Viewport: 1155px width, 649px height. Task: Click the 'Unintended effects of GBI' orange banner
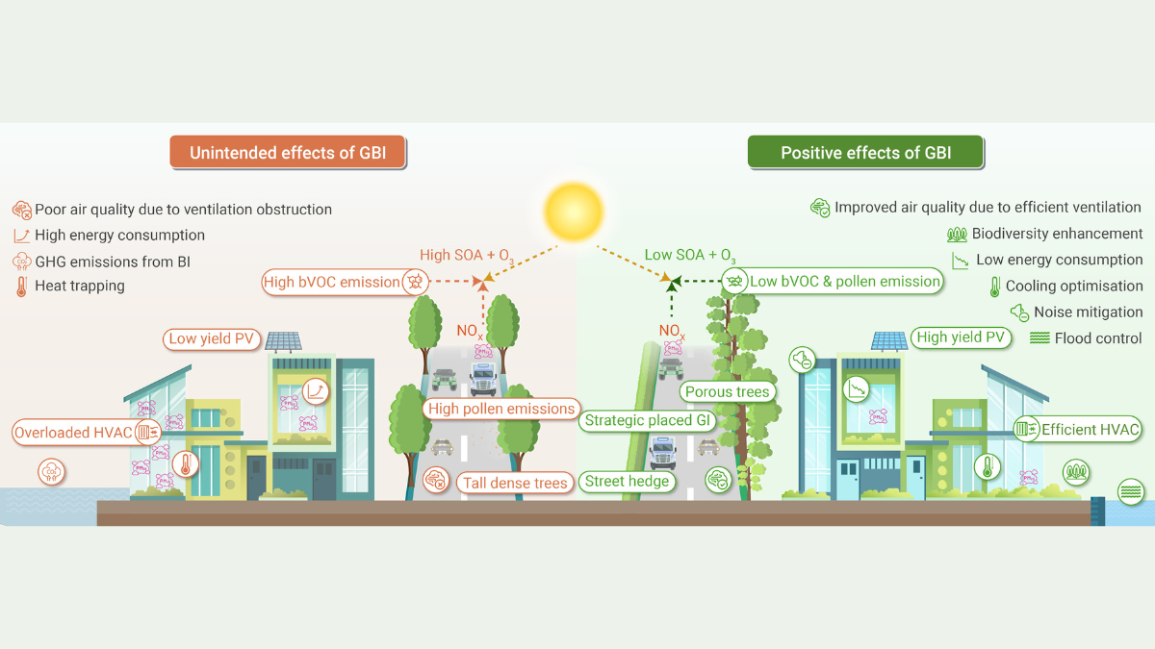coord(288,153)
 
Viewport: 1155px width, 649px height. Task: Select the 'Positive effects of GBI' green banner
coord(865,153)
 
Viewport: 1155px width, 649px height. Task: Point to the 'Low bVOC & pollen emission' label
coord(844,281)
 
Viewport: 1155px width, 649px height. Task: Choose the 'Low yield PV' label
coord(211,338)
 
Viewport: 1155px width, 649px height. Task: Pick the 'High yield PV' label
coord(961,337)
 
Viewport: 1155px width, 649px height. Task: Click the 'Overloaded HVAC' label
coord(73,433)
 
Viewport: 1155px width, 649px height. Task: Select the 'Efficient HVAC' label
coord(1090,430)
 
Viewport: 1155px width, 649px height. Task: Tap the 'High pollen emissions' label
coord(501,409)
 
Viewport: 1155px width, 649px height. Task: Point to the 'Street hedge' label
coord(627,481)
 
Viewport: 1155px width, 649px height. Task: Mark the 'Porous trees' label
coord(727,391)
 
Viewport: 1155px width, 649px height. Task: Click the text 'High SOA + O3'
coord(466,256)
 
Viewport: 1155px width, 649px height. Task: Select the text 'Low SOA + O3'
coord(688,256)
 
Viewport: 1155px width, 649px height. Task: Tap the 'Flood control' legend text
coord(1098,337)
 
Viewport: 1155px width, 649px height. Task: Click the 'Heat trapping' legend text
coord(79,286)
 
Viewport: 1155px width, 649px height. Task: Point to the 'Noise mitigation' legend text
coord(1088,312)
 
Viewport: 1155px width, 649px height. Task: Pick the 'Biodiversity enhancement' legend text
coord(1057,234)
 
